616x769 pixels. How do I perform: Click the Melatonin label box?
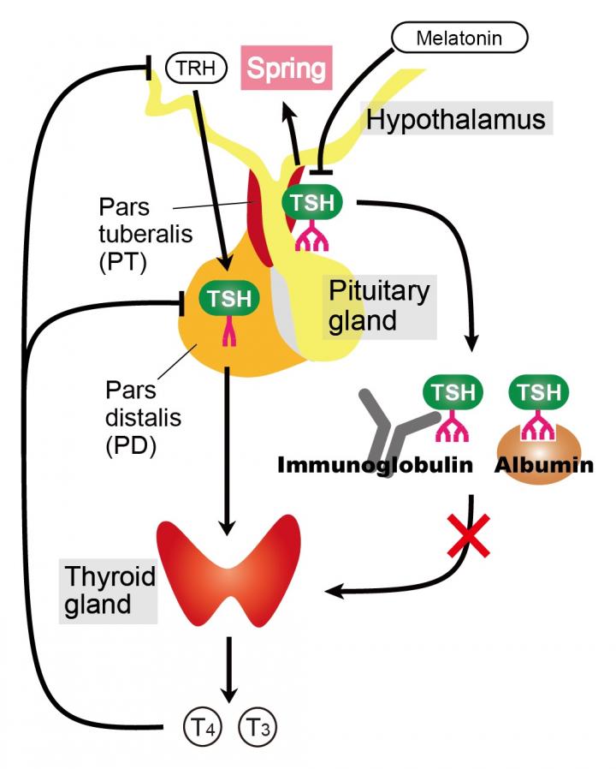pyautogui.click(x=459, y=38)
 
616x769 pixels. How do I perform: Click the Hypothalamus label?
pyautogui.click(x=455, y=119)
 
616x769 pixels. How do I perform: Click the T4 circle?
pyautogui.click(x=202, y=729)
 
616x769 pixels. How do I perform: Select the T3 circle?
pyautogui.click(x=259, y=729)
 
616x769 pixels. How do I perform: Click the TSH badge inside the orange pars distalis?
pyautogui.click(x=229, y=299)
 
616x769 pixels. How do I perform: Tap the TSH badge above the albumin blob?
pyautogui.click(x=539, y=393)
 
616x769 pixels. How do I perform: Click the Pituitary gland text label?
pyautogui.click(x=379, y=306)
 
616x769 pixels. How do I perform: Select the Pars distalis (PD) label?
pyautogui.click(x=131, y=418)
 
